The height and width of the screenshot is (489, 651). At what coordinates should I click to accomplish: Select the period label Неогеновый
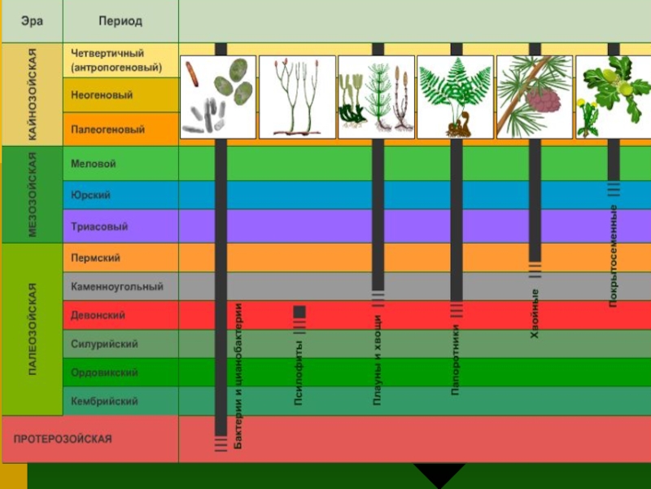(x=102, y=95)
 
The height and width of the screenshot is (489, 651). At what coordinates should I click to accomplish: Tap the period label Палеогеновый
(x=107, y=130)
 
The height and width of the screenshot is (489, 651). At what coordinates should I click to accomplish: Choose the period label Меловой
(x=94, y=164)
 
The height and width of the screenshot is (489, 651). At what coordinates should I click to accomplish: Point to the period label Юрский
(x=91, y=196)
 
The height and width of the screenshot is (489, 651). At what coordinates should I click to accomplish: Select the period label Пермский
(x=96, y=258)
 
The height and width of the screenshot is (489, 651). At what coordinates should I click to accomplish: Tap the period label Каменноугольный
(x=117, y=287)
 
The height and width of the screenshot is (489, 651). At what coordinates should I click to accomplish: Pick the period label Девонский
(x=98, y=315)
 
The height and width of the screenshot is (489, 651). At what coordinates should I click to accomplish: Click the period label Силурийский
(x=104, y=344)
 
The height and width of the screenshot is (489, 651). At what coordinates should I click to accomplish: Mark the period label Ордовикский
(x=104, y=372)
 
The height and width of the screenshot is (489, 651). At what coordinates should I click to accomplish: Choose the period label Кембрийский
(x=104, y=401)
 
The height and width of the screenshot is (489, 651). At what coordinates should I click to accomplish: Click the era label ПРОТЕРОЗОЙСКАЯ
(x=63, y=438)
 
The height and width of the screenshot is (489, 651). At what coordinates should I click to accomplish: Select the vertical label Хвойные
(x=535, y=313)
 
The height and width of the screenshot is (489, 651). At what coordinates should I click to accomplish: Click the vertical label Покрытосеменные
(x=613, y=256)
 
